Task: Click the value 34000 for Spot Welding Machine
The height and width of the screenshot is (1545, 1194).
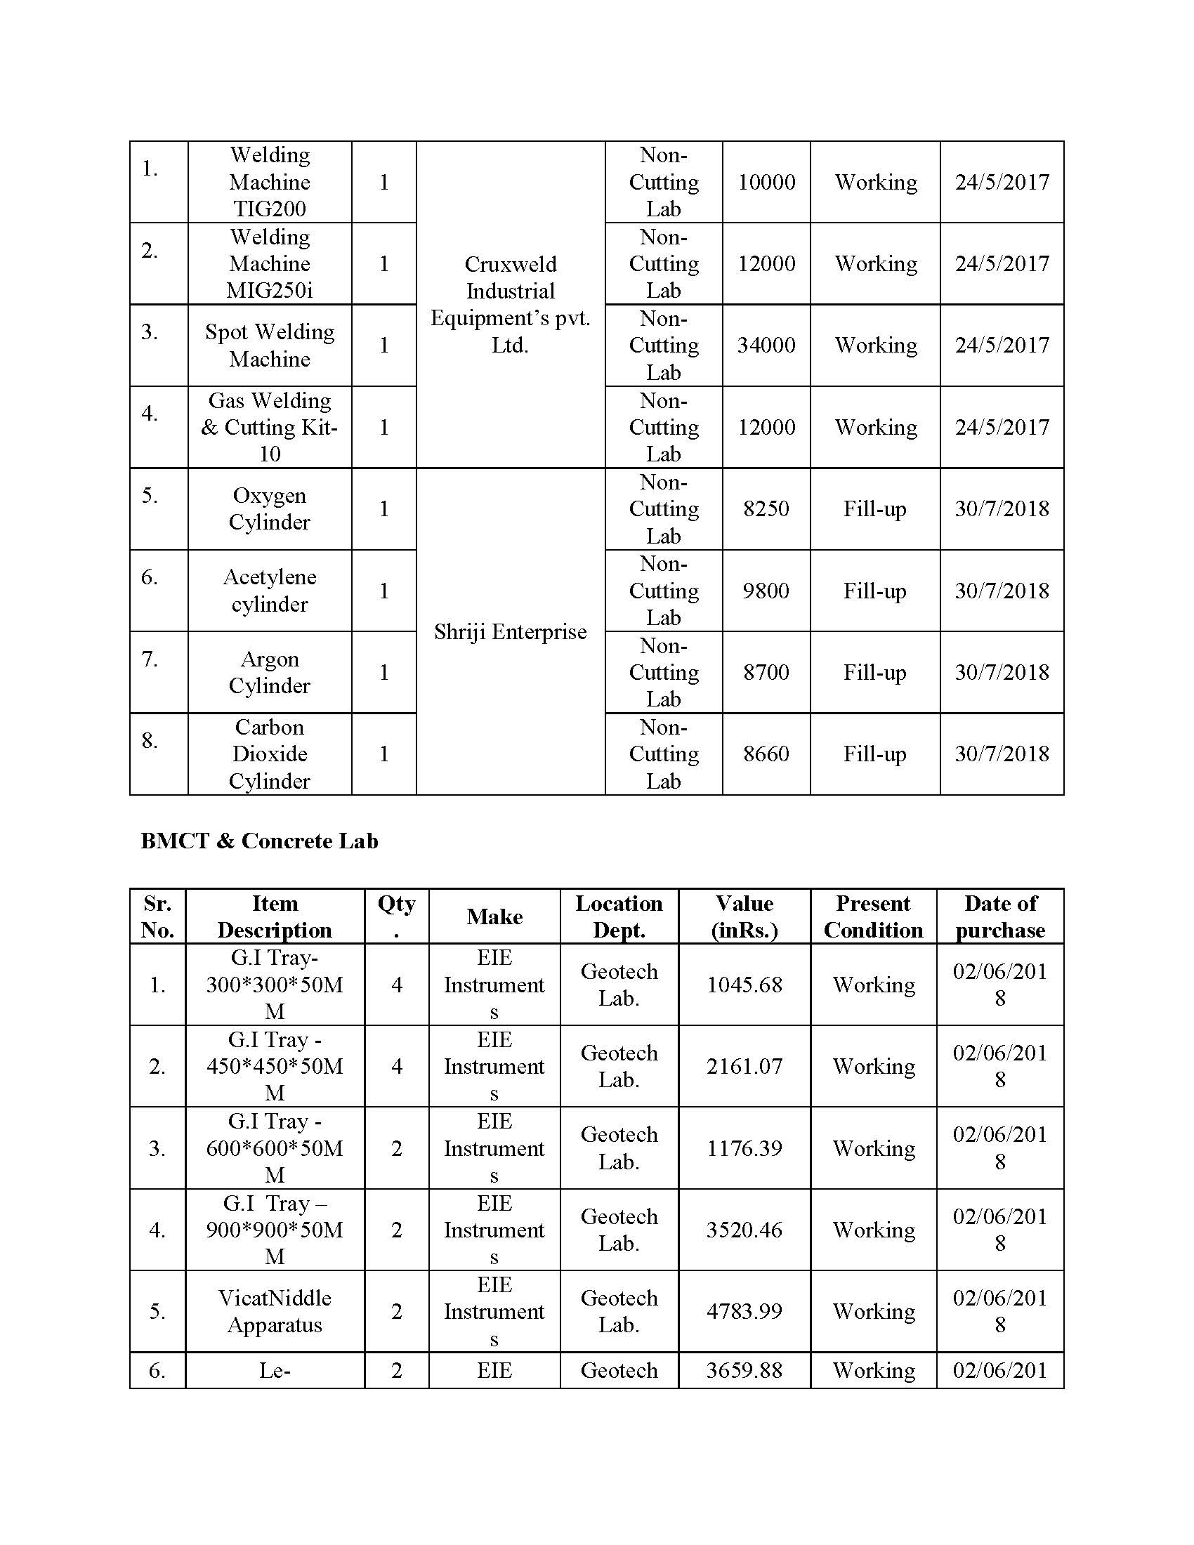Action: (766, 346)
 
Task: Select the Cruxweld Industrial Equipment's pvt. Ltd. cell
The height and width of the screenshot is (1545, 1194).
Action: (510, 305)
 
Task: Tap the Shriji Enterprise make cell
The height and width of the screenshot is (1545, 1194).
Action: (510, 632)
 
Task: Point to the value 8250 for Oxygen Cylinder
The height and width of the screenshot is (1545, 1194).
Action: (766, 508)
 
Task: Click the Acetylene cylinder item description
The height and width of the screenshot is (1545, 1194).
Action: (270, 591)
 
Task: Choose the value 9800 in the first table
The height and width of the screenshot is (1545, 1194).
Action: (766, 591)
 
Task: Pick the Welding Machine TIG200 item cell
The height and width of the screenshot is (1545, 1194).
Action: (270, 182)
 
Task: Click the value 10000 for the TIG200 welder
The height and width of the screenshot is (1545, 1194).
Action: (766, 182)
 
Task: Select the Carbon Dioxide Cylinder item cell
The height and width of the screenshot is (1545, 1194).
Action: (270, 754)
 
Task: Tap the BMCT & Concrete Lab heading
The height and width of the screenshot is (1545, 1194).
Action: (260, 841)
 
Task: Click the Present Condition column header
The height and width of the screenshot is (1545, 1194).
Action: (874, 916)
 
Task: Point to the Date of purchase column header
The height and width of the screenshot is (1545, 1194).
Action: (1000, 916)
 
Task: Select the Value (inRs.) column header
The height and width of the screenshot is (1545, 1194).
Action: (744, 916)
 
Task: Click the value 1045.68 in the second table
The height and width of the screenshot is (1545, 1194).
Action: (744, 985)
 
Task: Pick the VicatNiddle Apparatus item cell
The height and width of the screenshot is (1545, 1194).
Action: (275, 1311)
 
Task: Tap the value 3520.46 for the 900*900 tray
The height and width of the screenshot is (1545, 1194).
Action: (744, 1230)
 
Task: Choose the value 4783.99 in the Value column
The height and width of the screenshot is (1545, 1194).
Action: (744, 1311)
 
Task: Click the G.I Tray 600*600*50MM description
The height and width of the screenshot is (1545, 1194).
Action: (275, 1148)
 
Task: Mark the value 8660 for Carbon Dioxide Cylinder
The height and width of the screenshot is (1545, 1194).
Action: (766, 754)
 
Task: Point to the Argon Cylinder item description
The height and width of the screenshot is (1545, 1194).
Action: (270, 672)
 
